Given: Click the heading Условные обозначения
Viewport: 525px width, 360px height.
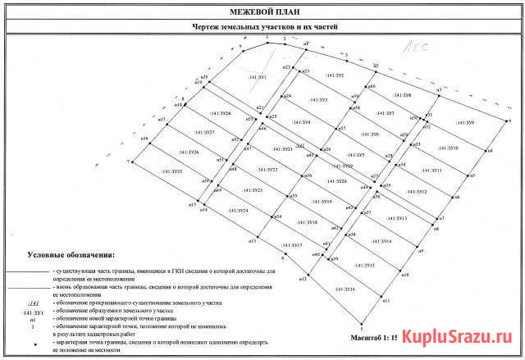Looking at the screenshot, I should point(71,256).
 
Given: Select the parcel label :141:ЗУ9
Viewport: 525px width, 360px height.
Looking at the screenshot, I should point(463,123).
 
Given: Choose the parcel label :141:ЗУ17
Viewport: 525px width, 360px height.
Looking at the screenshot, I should point(292,246).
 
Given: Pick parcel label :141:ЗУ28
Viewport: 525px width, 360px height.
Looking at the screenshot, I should point(221,113).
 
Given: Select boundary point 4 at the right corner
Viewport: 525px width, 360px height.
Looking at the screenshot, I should point(509,121).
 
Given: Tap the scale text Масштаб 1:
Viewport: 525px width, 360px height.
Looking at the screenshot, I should point(374,337).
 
